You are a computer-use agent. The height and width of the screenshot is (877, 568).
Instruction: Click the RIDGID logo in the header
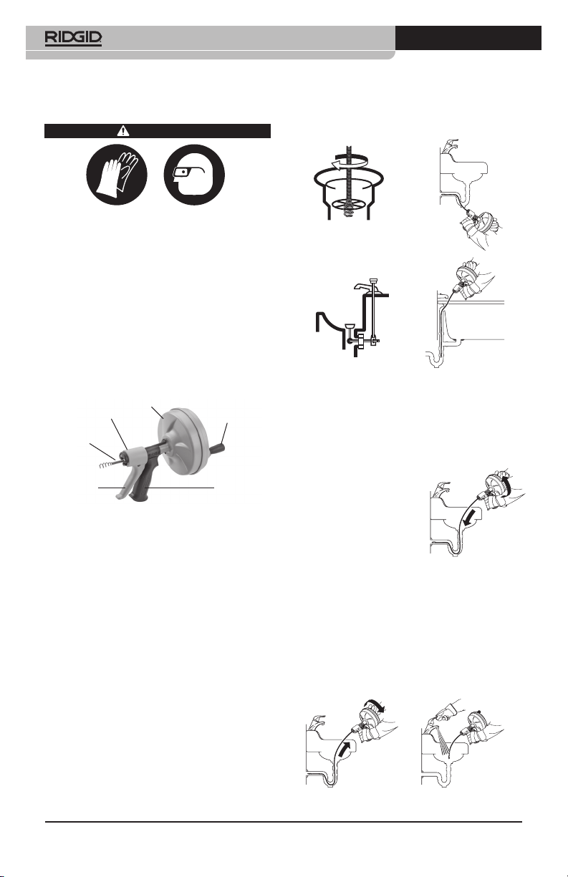[x=73, y=39]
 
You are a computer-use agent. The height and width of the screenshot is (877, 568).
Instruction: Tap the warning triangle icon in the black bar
[x=123, y=131]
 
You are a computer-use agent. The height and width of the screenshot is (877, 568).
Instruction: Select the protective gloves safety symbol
[x=117, y=175]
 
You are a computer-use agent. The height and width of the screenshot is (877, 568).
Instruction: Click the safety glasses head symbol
[x=194, y=175]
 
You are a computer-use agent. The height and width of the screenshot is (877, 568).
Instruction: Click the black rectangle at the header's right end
[x=468, y=38]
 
